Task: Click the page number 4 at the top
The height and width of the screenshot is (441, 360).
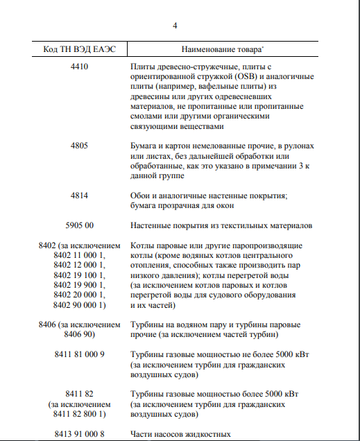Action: pos(175,26)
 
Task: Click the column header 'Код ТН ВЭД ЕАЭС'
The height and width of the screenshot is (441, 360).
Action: pos(80,50)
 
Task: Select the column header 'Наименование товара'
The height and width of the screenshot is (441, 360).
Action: pos(221,50)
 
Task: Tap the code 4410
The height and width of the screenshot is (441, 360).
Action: pos(80,67)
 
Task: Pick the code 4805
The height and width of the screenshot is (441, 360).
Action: pos(80,147)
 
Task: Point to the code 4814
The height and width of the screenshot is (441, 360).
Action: pos(80,196)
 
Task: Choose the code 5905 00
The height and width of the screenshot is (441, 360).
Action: pos(80,225)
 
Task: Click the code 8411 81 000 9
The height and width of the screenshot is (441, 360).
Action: pos(80,354)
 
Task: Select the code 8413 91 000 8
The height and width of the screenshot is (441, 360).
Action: pos(80,434)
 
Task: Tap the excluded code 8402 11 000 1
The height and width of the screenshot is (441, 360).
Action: pos(80,256)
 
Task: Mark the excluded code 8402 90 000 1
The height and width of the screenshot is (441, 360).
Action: pos(80,304)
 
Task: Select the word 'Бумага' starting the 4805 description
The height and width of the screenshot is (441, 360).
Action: pos(145,147)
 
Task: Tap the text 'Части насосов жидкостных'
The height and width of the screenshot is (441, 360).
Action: pos(180,434)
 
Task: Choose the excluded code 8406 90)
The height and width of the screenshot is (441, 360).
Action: pos(80,335)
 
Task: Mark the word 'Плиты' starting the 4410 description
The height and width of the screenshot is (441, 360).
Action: pos(143,67)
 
